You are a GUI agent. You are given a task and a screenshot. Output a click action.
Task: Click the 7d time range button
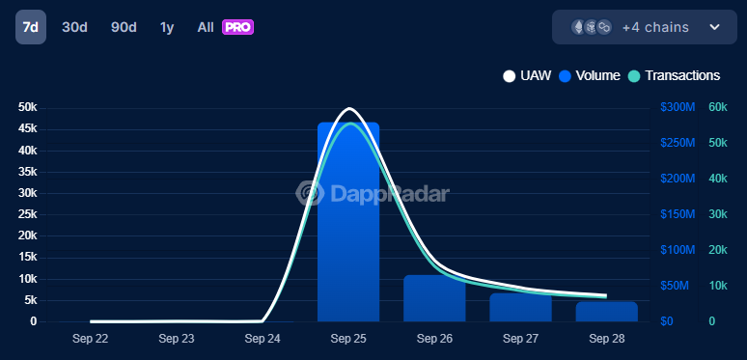coord(30,27)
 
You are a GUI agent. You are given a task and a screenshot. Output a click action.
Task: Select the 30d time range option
coord(74,27)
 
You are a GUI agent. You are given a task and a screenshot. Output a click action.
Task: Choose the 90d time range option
coord(124,27)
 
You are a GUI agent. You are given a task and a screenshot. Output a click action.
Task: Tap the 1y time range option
coord(167,27)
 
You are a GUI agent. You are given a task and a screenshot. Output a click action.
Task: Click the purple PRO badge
coord(237,27)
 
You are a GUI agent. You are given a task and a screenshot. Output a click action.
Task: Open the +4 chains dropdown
coord(644,27)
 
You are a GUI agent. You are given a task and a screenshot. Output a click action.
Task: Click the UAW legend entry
coord(527,75)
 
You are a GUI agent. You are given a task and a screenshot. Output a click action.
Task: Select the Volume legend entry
coord(590,75)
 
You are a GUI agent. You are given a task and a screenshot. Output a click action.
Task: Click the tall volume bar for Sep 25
coord(348,222)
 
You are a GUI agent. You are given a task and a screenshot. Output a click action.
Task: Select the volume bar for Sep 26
coord(434,298)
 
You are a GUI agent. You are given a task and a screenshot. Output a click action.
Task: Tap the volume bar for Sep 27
coord(520,307)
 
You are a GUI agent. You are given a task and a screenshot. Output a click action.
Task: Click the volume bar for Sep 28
coord(606,311)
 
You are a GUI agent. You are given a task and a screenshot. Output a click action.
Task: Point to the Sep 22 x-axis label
coord(91,339)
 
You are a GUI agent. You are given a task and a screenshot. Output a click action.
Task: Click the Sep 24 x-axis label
coord(263,339)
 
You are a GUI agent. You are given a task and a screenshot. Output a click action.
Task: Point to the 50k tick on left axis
coord(28,107)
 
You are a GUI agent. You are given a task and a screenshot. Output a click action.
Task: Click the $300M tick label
coord(678,107)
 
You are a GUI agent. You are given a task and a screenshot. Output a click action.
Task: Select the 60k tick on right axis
coord(717,107)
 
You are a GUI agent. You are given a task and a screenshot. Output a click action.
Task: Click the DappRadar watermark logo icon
coord(310,193)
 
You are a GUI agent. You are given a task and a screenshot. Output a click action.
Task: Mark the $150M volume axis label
coord(678,214)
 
